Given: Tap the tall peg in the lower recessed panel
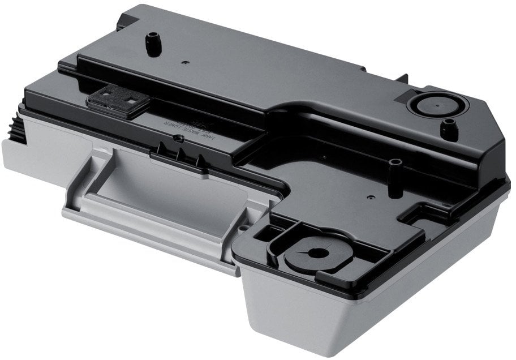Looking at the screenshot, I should [x=397, y=169].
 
